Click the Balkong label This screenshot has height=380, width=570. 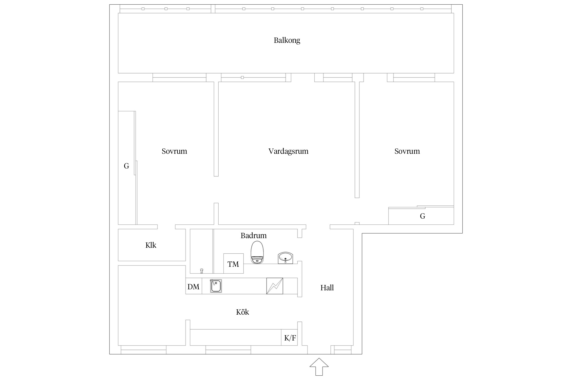(287, 40)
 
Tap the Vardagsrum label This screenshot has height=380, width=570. (288, 151)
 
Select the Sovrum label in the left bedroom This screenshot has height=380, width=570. (174, 151)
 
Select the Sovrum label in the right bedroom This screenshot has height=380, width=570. (407, 151)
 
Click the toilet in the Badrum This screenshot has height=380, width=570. (257, 252)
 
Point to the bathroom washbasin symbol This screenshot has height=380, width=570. (285, 258)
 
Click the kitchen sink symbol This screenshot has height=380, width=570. (216, 286)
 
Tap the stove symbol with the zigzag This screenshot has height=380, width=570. (275, 286)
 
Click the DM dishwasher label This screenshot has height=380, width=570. (193, 287)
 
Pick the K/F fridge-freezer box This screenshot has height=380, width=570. (290, 338)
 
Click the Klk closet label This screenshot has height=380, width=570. (151, 245)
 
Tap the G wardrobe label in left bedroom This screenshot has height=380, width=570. (126, 166)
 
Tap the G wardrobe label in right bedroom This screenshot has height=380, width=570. (422, 216)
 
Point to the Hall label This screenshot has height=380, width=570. (327, 288)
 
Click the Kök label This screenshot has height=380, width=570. (242, 312)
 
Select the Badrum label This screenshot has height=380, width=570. (253, 236)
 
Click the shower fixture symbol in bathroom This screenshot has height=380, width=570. (202, 271)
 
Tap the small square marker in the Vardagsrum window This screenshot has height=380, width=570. (242, 78)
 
